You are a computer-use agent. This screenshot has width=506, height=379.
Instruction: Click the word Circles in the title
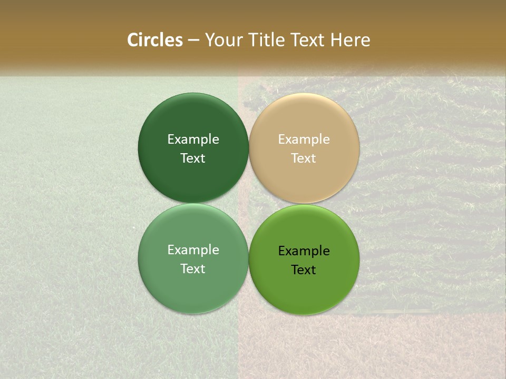pyautogui.click(x=154, y=40)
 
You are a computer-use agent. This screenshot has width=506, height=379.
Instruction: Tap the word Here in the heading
pyautogui.click(x=351, y=40)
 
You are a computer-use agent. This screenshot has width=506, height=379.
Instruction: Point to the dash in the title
pyautogui.click(x=193, y=41)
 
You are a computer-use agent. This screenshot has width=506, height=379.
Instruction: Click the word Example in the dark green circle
pyautogui.click(x=193, y=139)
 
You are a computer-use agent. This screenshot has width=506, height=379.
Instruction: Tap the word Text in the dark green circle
pyautogui.click(x=193, y=158)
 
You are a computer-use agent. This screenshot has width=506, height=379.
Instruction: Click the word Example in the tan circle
pyautogui.click(x=304, y=139)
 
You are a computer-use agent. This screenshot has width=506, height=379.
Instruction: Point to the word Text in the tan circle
pyautogui.click(x=304, y=158)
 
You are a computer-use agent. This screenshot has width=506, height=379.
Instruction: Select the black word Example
pyautogui.click(x=304, y=251)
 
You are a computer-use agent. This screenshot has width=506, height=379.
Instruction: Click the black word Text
pyautogui.click(x=304, y=270)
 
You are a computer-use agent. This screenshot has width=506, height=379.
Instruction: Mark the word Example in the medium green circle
pyautogui.click(x=193, y=250)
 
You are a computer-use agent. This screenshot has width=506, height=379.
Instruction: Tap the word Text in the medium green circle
pyautogui.click(x=193, y=269)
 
